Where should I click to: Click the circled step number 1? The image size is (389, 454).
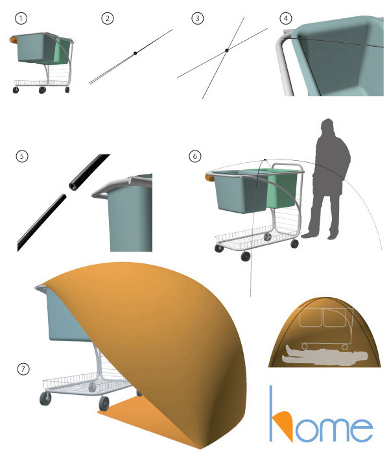click(x=21, y=19)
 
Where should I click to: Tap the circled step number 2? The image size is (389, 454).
click(x=108, y=19)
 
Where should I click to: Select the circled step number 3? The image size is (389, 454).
click(x=198, y=18)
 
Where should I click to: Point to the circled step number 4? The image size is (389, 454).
click(x=286, y=18)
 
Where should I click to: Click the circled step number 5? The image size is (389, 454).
click(x=22, y=156)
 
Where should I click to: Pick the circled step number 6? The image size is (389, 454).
click(x=194, y=156)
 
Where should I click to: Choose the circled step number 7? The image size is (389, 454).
click(x=23, y=369)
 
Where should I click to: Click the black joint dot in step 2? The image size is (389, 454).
click(x=135, y=53)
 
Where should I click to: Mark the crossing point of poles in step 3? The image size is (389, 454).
click(x=227, y=51)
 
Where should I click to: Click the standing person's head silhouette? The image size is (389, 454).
click(x=327, y=125)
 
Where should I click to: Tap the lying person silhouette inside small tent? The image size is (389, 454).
click(x=324, y=356)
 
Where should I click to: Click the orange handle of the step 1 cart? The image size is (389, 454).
click(x=13, y=40)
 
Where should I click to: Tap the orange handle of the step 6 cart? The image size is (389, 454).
click(x=209, y=176)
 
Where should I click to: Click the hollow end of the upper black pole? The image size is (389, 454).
click(x=73, y=186)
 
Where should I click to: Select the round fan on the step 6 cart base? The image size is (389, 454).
click(x=268, y=237)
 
